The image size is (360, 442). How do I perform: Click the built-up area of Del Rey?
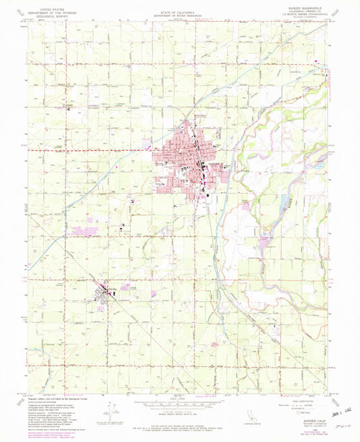coord(103,292)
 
